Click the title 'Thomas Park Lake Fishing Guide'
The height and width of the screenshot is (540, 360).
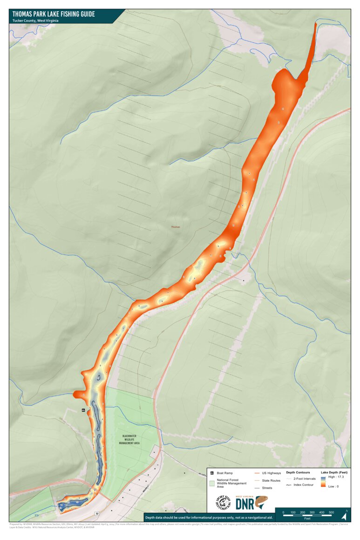pos(54,14)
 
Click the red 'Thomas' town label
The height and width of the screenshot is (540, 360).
pos(175,227)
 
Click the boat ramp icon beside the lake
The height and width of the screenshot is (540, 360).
pos(83,410)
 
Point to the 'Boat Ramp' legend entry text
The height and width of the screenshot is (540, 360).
pos(226,473)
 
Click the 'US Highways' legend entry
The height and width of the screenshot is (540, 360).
pos(271,473)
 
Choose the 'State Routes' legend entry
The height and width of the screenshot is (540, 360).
pos(271,480)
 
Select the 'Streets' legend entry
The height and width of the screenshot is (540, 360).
pos(267,488)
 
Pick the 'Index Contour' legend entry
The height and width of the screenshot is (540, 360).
pos(304,485)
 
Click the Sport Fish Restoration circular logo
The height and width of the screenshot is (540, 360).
pos(223,502)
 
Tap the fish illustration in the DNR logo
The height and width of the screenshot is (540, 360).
pos(262,502)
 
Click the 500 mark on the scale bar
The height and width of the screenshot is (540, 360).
pos(331,513)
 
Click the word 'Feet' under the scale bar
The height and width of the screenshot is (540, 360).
pos(307,518)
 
